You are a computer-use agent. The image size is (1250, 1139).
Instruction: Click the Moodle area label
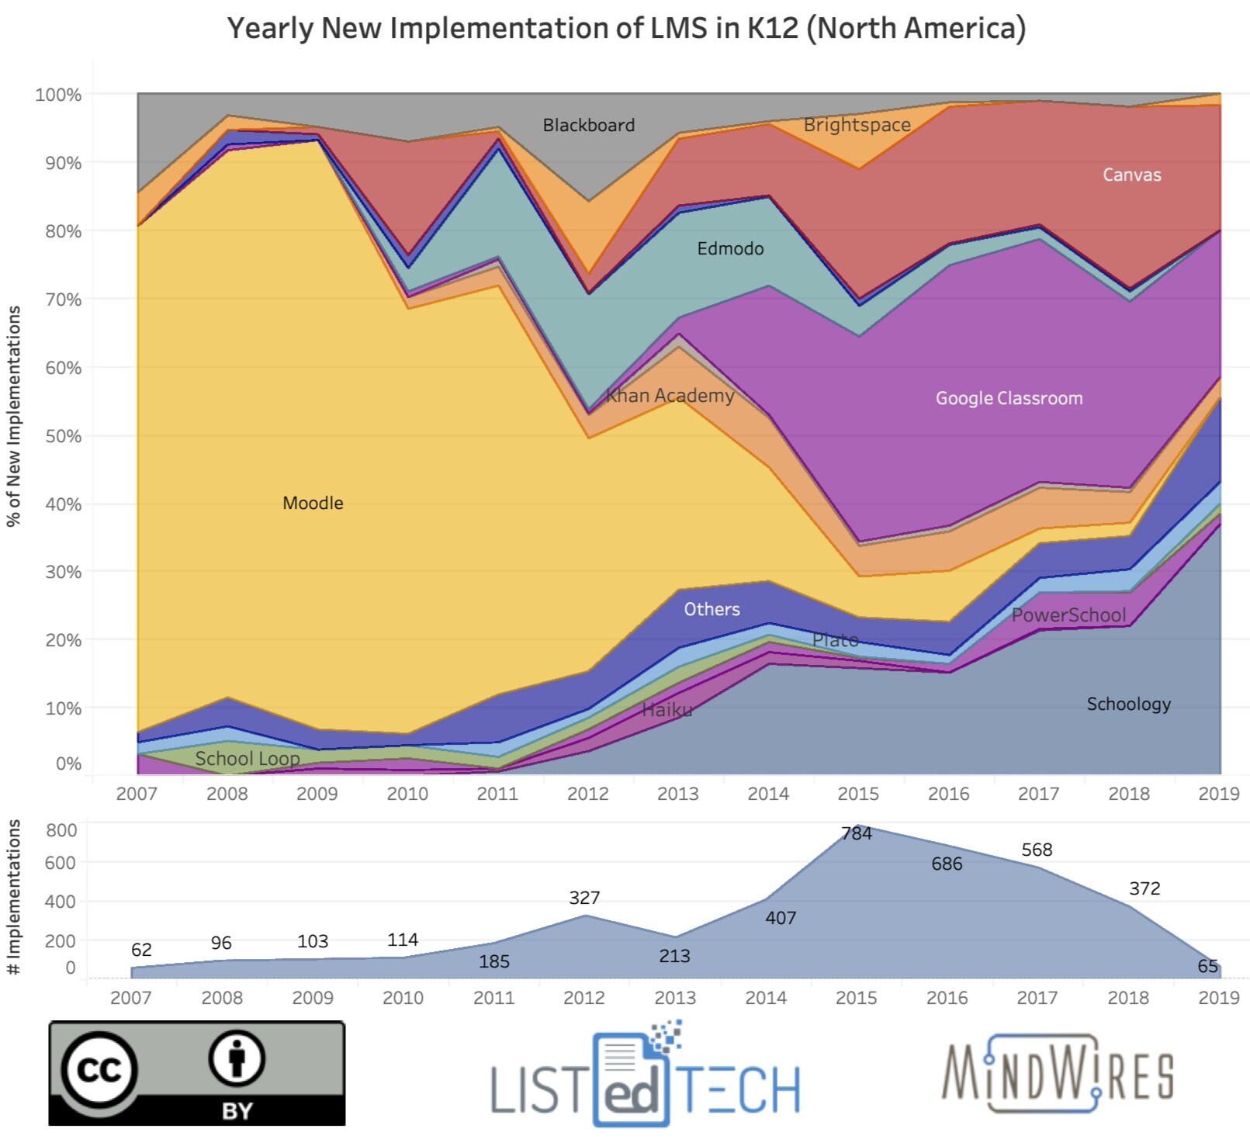click(313, 503)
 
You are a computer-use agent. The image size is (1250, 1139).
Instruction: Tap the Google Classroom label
click(1009, 398)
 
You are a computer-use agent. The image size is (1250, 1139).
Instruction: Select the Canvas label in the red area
click(1131, 175)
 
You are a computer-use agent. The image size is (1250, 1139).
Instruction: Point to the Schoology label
click(1128, 704)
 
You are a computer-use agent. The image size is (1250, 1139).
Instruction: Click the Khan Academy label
click(670, 396)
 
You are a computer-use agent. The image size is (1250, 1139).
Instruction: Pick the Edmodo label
click(730, 248)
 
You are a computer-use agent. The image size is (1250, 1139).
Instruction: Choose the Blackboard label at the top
click(588, 125)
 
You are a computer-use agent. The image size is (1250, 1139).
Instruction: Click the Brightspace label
click(857, 125)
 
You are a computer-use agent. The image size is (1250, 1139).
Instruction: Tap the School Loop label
click(247, 758)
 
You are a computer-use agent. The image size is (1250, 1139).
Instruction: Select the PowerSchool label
click(1068, 615)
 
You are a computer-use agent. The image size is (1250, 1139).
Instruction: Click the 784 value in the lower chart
click(857, 833)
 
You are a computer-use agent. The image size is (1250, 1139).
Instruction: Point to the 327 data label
click(584, 898)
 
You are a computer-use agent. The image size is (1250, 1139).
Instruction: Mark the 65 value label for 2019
click(1207, 966)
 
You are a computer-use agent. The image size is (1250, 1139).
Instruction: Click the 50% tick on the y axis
click(63, 436)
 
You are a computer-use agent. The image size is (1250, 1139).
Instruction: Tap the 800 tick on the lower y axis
click(61, 830)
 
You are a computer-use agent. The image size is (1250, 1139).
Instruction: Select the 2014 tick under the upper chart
click(767, 794)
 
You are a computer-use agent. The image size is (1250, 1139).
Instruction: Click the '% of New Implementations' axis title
click(13, 416)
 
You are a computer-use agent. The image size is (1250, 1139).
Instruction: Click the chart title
click(626, 28)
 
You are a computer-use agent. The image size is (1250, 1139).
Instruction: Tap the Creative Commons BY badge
click(197, 1074)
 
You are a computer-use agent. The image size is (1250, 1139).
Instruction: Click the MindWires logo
click(1058, 1074)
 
